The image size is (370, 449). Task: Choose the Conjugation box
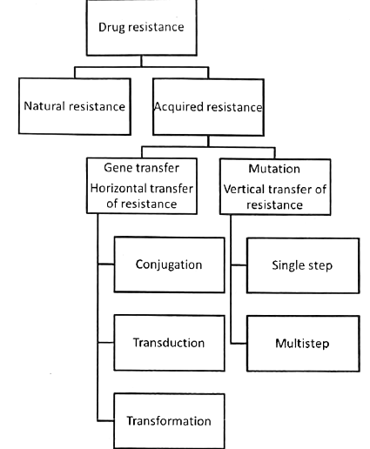coord(169,264)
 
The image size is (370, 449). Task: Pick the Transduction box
coord(169,342)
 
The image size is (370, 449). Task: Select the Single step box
coord(301,264)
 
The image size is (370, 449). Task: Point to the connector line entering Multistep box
coord(240,342)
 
